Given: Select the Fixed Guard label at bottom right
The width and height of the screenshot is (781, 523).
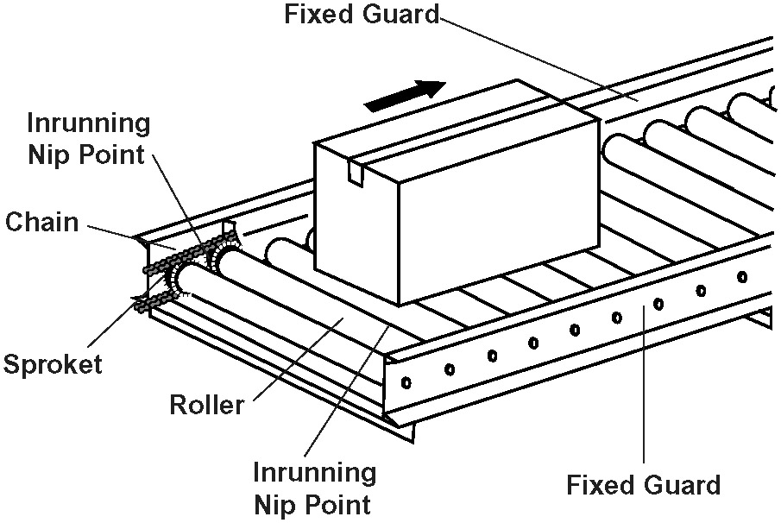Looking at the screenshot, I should pyautogui.click(x=643, y=485).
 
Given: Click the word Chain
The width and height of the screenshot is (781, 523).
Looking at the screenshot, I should pyautogui.click(x=42, y=222).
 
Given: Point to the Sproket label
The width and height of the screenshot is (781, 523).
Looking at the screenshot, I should pyautogui.click(x=53, y=363).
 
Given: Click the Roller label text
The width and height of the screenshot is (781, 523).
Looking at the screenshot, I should pyautogui.click(x=207, y=403).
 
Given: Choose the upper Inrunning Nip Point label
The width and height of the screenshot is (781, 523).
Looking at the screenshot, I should pyautogui.click(x=88, y=139).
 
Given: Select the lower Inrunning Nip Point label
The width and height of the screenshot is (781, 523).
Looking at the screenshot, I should pyautogui.click(x=314, y=488).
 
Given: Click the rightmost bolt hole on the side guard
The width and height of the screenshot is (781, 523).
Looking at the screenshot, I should pyautogui.click(x=742, y=276).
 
